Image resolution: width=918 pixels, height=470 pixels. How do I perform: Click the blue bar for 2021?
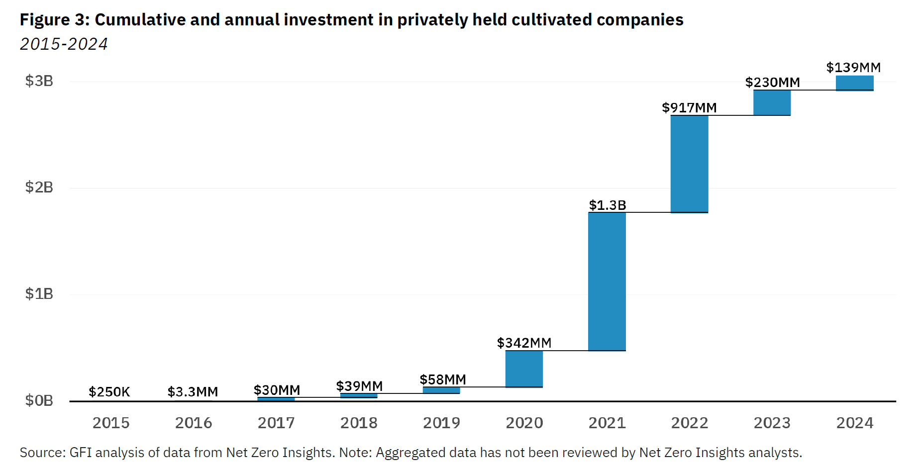pos(607,282)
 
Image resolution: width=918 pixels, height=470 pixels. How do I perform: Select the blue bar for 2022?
pos(689,164)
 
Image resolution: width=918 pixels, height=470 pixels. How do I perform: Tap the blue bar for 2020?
pos(524,369)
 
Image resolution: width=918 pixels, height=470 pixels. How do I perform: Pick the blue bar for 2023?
pos(772,103)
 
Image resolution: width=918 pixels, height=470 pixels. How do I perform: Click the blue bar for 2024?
pos(854,83)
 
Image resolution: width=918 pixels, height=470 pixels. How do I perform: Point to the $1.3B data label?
pos(607,205)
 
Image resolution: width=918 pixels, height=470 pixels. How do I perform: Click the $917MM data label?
pos(689,107)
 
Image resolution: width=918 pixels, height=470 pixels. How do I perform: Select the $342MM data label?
pos(524,343)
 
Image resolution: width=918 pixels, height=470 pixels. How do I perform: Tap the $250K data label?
pos(109,392)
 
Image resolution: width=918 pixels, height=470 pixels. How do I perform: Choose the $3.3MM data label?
pos(193,392)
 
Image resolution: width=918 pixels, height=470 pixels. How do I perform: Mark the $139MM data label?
pos(853,67)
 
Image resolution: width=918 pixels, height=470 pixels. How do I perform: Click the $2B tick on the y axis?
pos(39,188)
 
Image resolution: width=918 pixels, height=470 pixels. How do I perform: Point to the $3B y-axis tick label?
pos(39,81)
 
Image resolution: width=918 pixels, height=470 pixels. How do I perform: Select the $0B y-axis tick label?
pos(39,400)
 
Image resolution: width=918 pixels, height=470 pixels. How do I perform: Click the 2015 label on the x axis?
pos(111,423)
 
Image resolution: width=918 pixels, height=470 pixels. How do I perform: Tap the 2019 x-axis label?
pos(441,423)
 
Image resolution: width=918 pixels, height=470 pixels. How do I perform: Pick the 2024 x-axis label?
pos(854,423)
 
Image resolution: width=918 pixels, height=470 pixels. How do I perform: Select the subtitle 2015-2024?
pos(64,44)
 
